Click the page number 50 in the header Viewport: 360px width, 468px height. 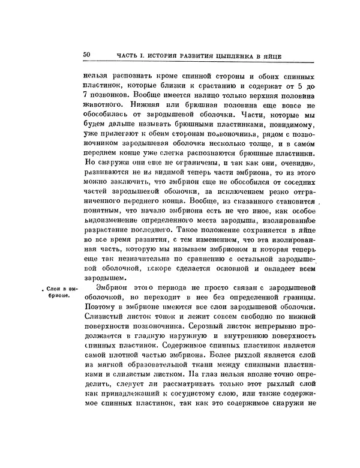click(x=86, y=55)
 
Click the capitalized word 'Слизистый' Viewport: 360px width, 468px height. click(x=103, y=322)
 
